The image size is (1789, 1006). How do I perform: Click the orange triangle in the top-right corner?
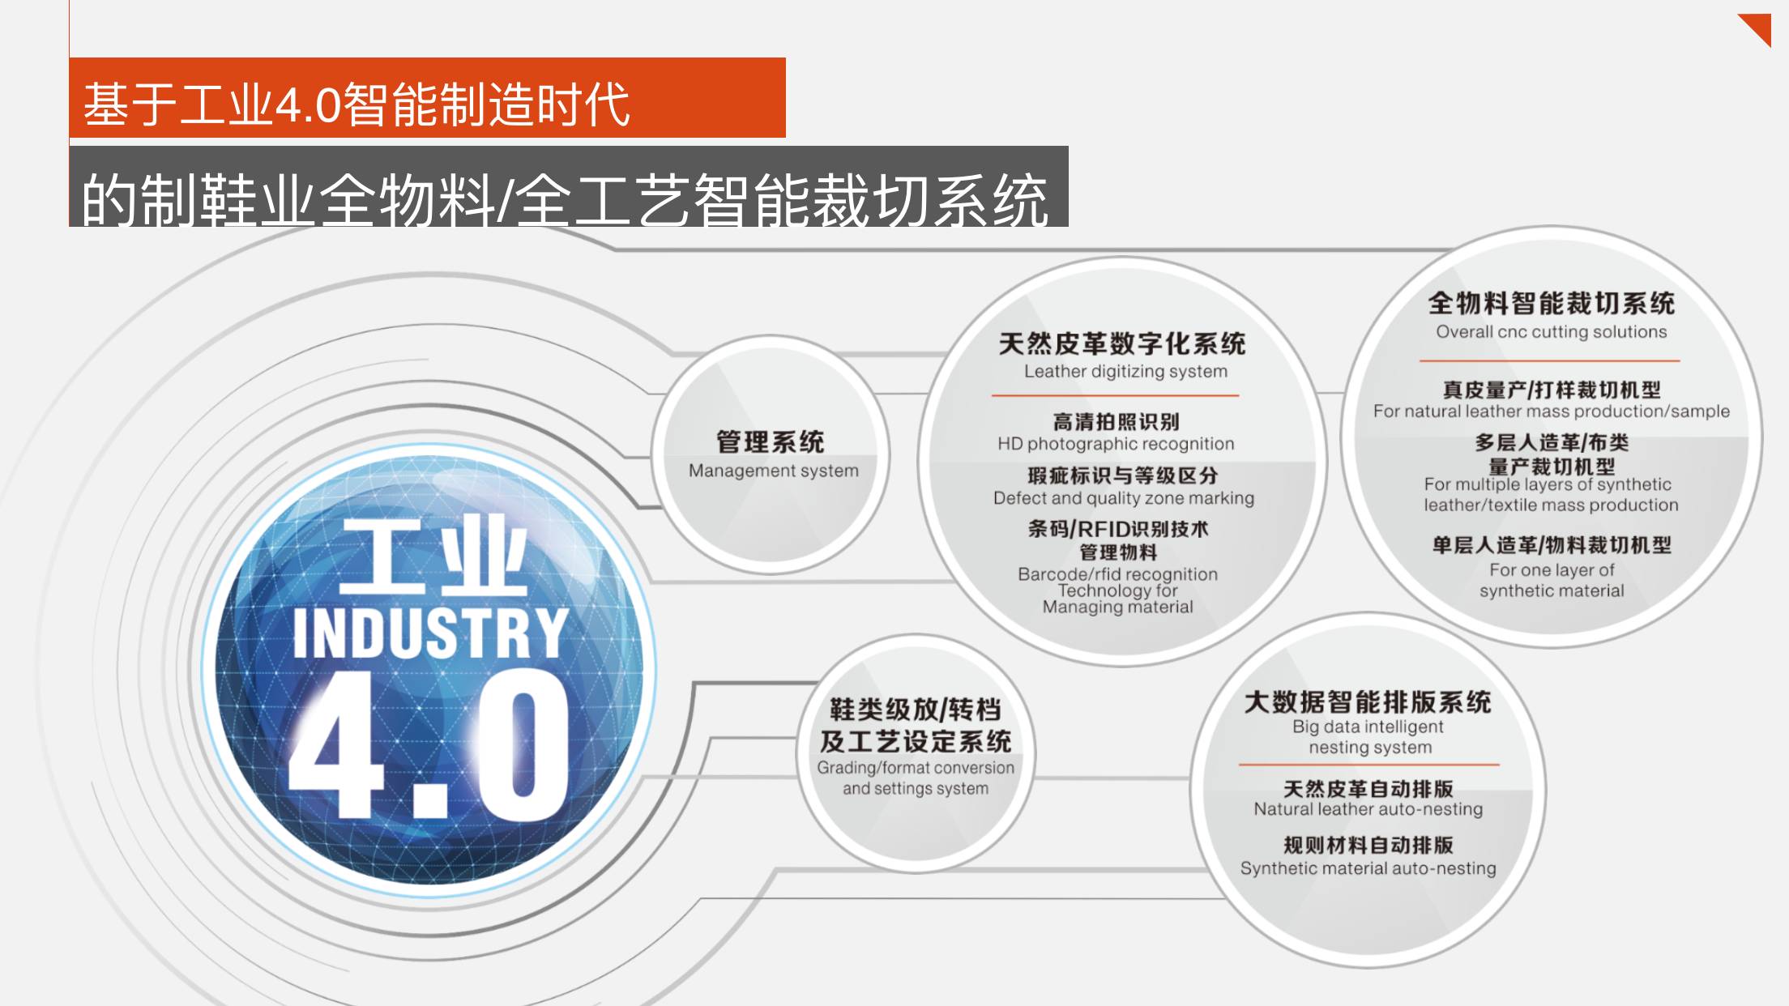click(x=1759, y=26)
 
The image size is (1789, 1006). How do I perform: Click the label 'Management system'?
click(x=773, y=471)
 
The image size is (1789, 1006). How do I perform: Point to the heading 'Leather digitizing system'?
click(x=1125, y=372)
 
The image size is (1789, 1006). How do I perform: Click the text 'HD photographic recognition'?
click(x=1116, y=444)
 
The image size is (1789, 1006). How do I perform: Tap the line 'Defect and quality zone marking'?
click(x=1123, y=498)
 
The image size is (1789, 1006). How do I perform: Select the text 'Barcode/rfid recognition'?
click(x=1117, y=574)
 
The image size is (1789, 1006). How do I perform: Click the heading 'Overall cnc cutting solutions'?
click(x=1551, y=332)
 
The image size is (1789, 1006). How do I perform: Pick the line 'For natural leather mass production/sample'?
click(x=1551, y=411)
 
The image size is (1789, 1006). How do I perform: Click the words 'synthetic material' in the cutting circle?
click(x=1551, y=591)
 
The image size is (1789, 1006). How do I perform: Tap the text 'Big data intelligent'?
click(x=1368, y=727)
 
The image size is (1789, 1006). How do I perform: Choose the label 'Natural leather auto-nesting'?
click(x=1368, y=809)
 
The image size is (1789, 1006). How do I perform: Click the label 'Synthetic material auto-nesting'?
click(x=1368, y=868)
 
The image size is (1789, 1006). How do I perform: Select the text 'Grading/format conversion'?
click(x=915, y=768)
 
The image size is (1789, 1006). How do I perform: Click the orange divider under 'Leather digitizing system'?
click(x=1115, y=395)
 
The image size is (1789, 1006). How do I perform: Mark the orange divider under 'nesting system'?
click(x=1368, y=764)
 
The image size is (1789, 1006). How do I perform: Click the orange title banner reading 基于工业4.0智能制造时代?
click(x=427, y=98)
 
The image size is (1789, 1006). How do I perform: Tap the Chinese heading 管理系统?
click(x=770, y=442)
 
